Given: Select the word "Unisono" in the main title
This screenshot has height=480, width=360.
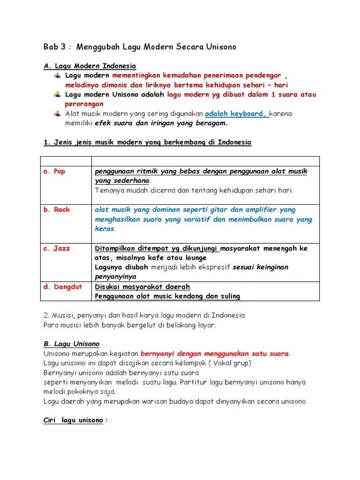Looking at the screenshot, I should (x=220, y=47).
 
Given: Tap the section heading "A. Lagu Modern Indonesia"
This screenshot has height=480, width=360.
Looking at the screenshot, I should (x=90, y=66).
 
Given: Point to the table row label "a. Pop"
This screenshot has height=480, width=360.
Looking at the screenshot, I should (x=54, y=172).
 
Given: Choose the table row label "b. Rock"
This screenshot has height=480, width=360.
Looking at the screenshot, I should (x=56, y=210).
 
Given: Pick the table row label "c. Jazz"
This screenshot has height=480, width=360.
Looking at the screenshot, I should (x=56, y=248).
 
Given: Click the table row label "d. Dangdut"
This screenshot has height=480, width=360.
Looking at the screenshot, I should (x=62, y=286).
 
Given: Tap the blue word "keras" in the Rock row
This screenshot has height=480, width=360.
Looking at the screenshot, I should (x=105, y=229).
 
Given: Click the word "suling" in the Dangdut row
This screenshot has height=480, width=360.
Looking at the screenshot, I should (x=230, y=296).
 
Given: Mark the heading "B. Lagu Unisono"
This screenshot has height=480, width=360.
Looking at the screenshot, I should (x=71, y=344).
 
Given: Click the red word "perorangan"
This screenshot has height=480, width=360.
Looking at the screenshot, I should (x=82, y=104).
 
